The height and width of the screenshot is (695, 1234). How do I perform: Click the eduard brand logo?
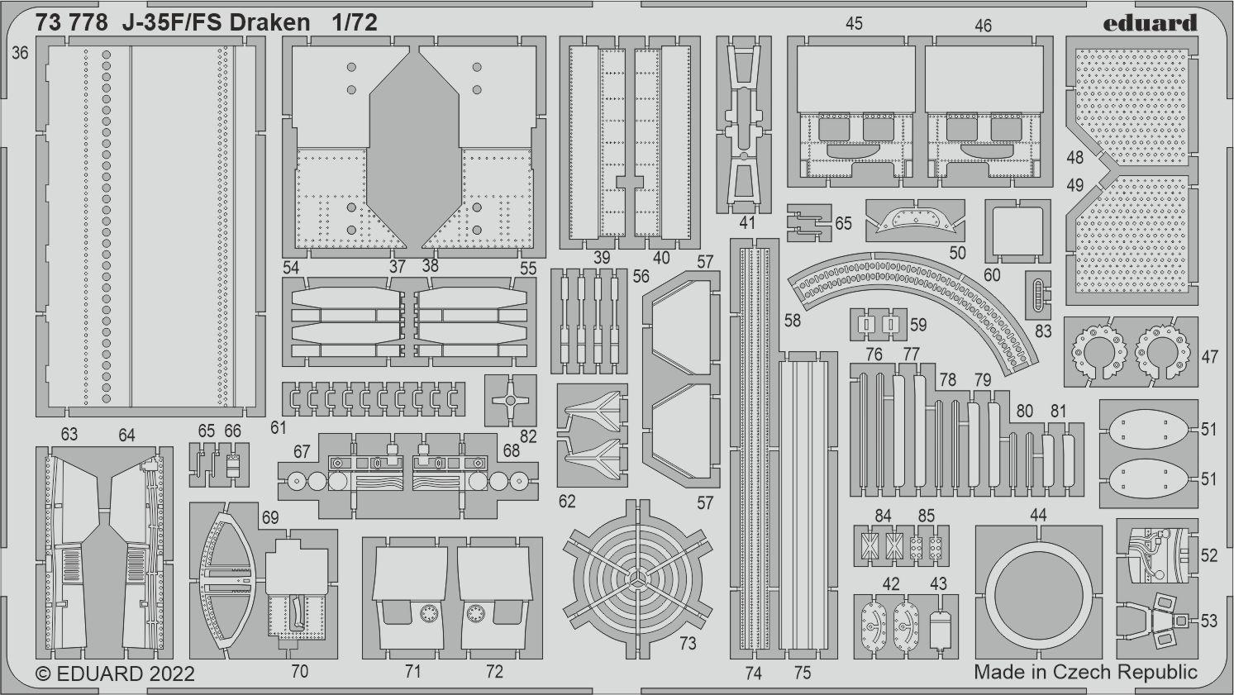[1150, 23]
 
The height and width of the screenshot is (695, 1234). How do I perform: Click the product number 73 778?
[71, 22]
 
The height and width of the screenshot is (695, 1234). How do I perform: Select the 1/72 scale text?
[355, 22]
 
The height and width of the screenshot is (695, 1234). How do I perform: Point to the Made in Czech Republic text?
[1085, 673]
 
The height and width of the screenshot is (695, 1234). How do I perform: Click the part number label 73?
[688, 643]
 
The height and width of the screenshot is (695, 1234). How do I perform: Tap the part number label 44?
[1038, 516]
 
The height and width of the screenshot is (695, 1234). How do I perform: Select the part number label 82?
[528, 436]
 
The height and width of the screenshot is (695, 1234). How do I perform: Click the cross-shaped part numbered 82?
[511, 400]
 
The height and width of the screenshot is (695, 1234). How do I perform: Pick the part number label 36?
[20, 53]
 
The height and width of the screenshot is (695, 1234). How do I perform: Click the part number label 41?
[747, 223]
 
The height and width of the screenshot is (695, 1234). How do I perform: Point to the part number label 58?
[792, 321]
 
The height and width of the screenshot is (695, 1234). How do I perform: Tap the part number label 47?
[1210, 357]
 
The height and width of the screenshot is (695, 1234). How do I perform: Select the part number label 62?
[567, 501]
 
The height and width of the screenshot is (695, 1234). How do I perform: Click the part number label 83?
[1043, 331]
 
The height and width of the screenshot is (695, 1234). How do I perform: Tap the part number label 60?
[992, 274]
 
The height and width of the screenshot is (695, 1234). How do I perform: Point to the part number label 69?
[270, 517]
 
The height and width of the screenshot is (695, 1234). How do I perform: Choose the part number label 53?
[1208, 621]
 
